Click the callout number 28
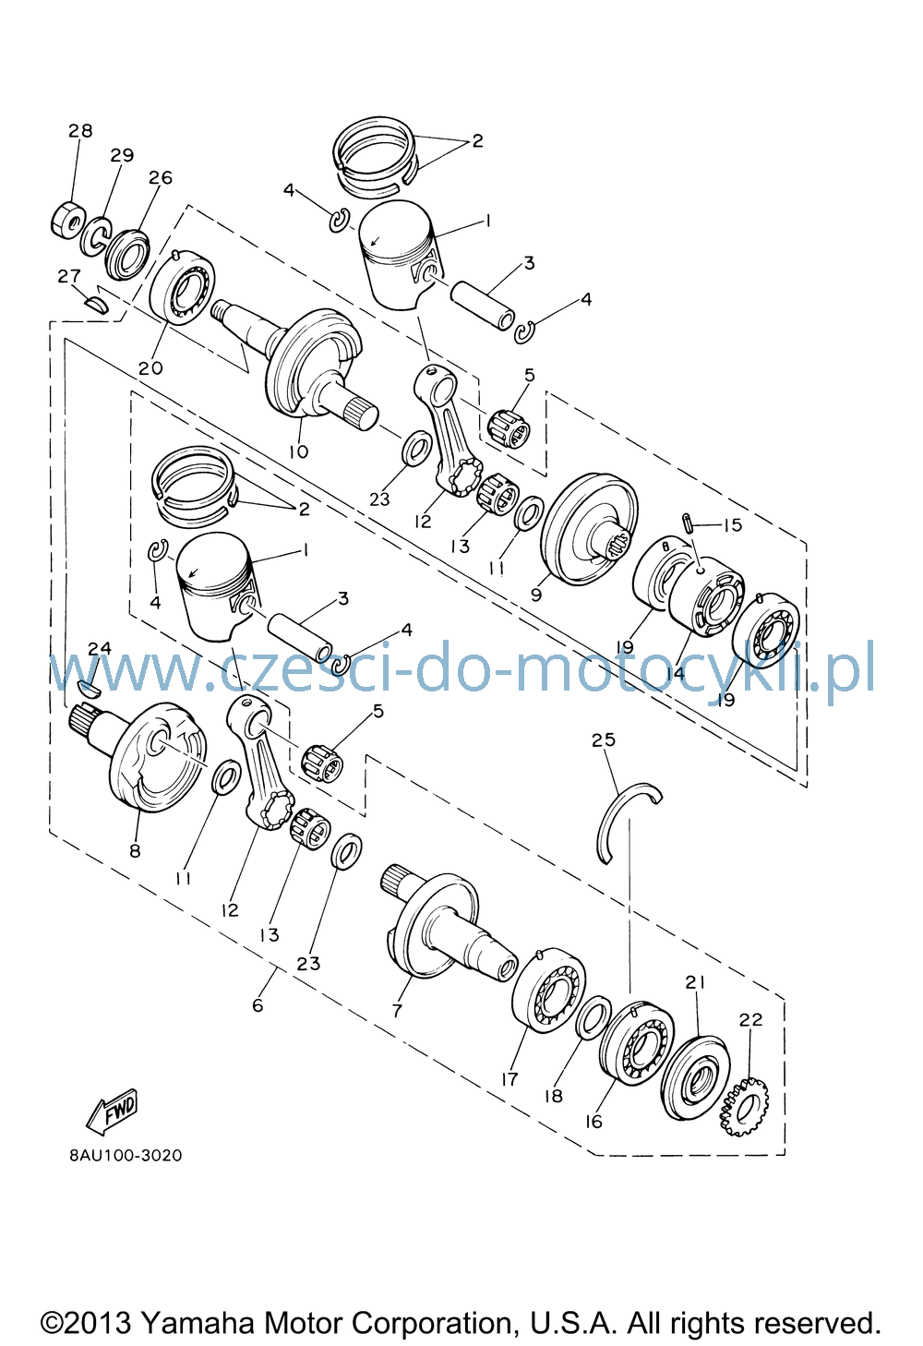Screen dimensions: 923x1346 80,130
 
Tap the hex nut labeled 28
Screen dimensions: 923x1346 66,222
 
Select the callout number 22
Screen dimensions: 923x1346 750,1020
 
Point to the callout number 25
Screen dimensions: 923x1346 604,739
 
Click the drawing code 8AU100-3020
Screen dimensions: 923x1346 126,1156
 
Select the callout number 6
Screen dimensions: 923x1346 258,1004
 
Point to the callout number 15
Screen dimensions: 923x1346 732,525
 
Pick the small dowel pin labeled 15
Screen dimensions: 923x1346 689,523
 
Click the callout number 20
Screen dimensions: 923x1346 150,367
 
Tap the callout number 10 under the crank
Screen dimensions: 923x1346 298,451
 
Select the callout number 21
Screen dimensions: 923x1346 695,982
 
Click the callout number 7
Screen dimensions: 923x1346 397,1011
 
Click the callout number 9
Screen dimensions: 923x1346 536,595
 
